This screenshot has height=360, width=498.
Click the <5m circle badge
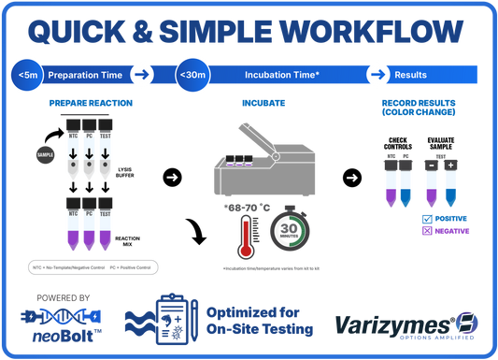(x=27, y=74)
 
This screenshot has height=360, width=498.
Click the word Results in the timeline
(x=411, y=74)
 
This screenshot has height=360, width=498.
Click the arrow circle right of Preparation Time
(x=141, y=74)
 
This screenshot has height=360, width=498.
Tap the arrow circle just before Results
(x=377, y=74)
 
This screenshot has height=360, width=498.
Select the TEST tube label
(x=105, y=214)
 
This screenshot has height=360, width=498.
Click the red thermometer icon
(x=245, y=233)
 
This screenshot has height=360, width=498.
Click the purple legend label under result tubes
(x=445, y=229)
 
